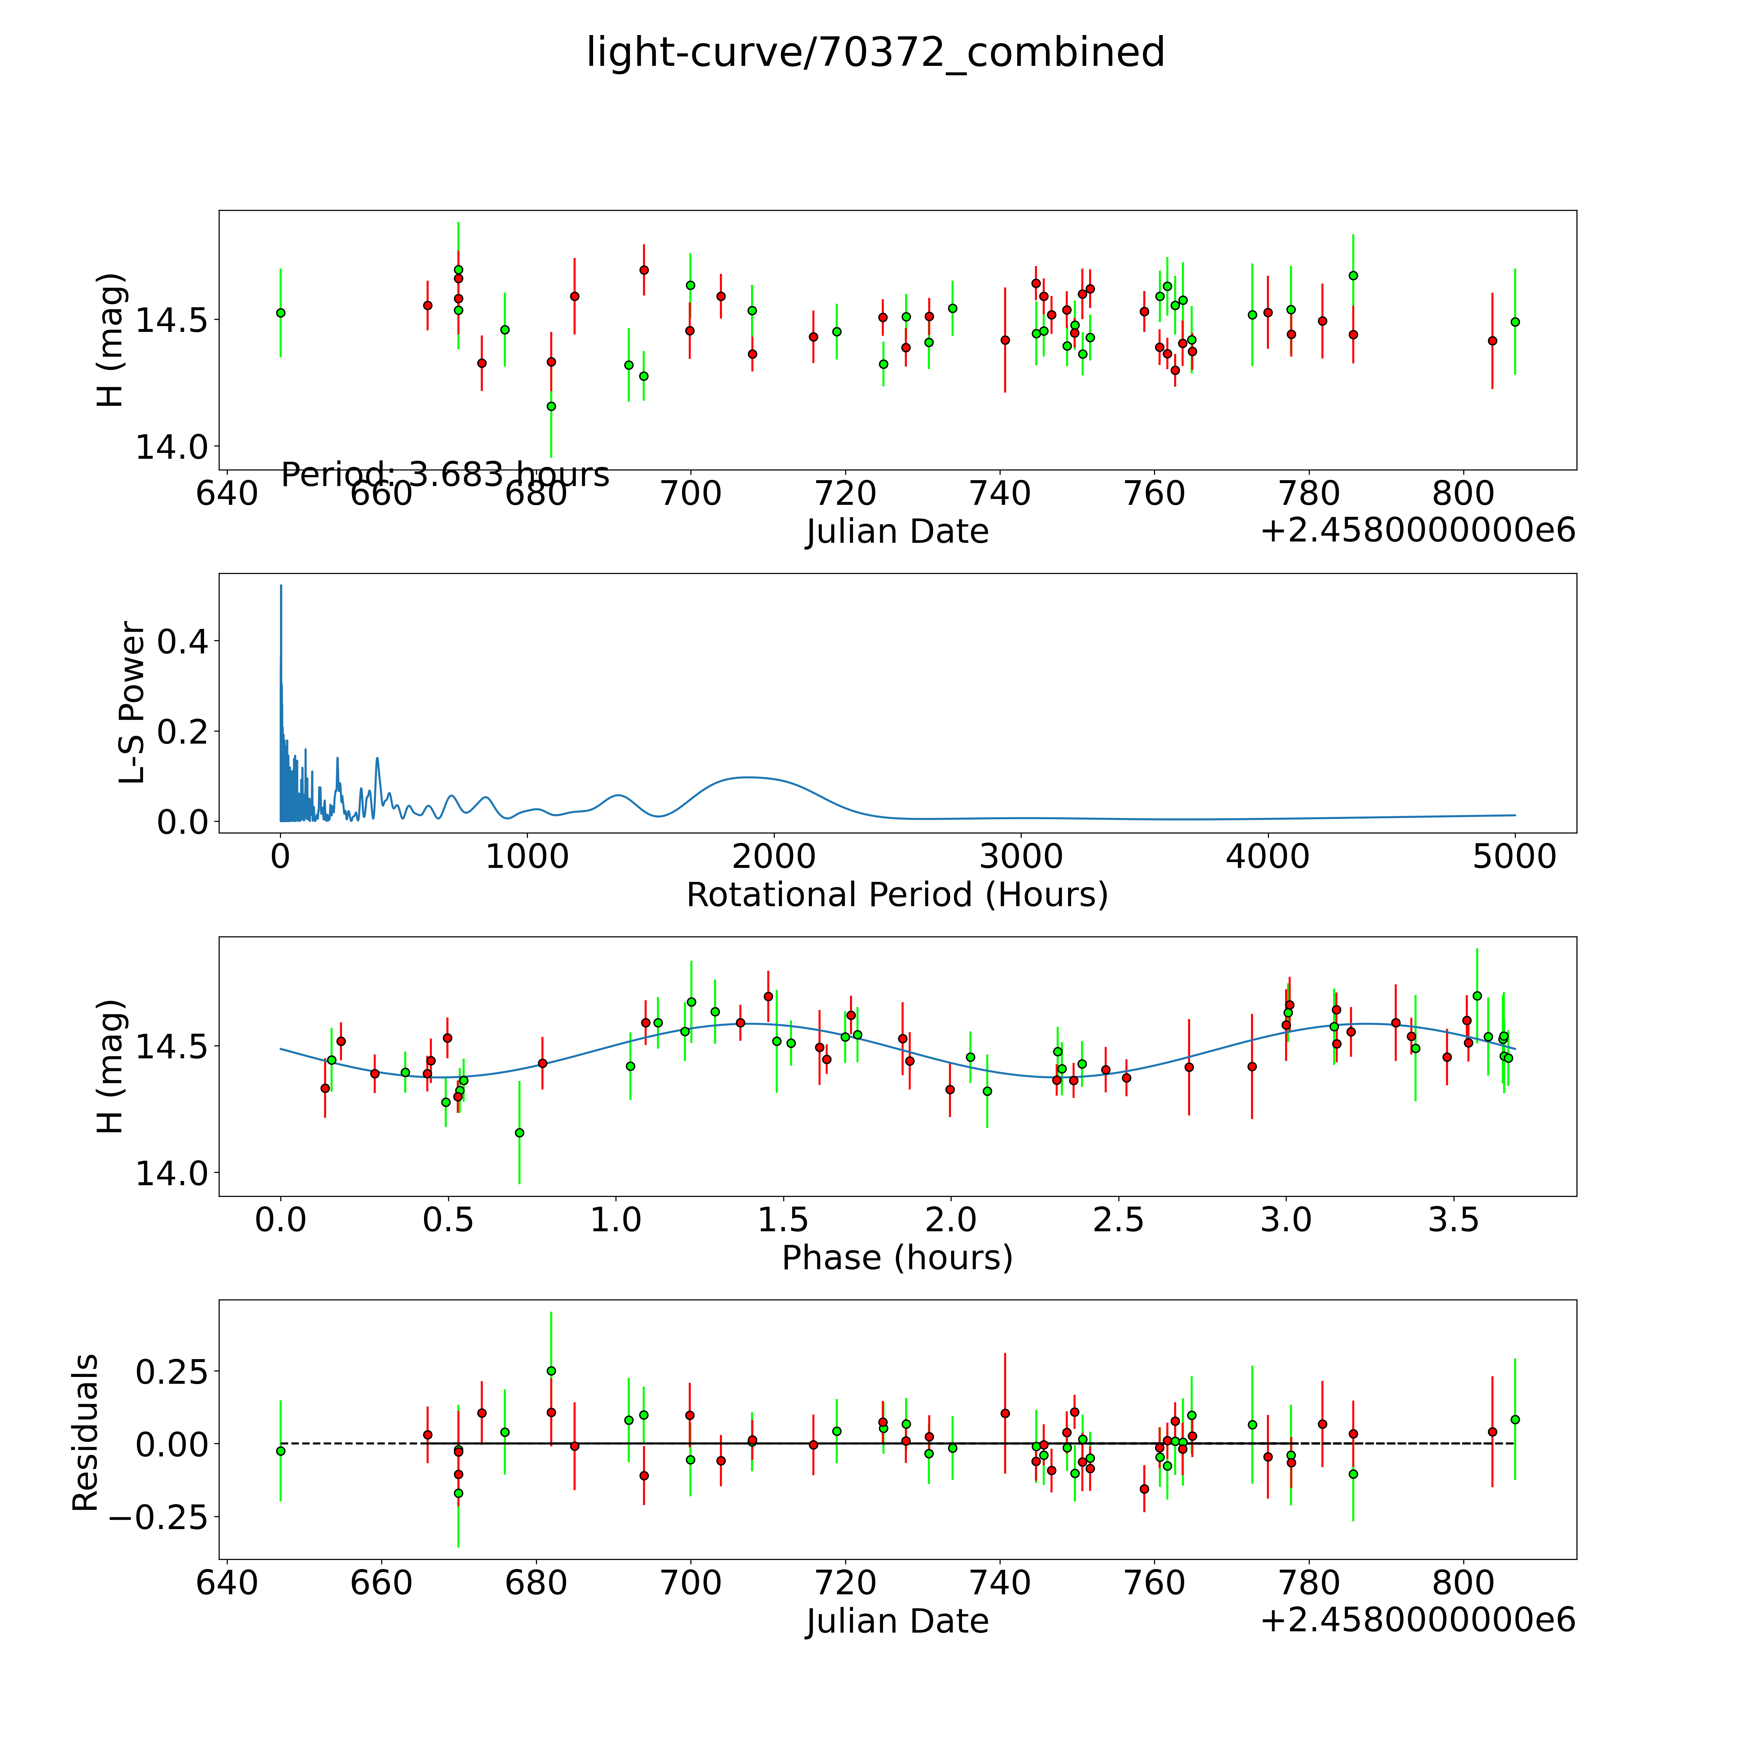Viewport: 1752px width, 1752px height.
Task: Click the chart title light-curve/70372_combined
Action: point(875,53)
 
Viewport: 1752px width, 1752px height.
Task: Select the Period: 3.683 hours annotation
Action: point(444,474)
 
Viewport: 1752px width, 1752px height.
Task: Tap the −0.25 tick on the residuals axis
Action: point(163,1516)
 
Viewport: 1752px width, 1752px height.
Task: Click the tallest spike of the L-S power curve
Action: point(281,587)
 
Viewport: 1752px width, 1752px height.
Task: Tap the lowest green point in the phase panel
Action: point(519,1133)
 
